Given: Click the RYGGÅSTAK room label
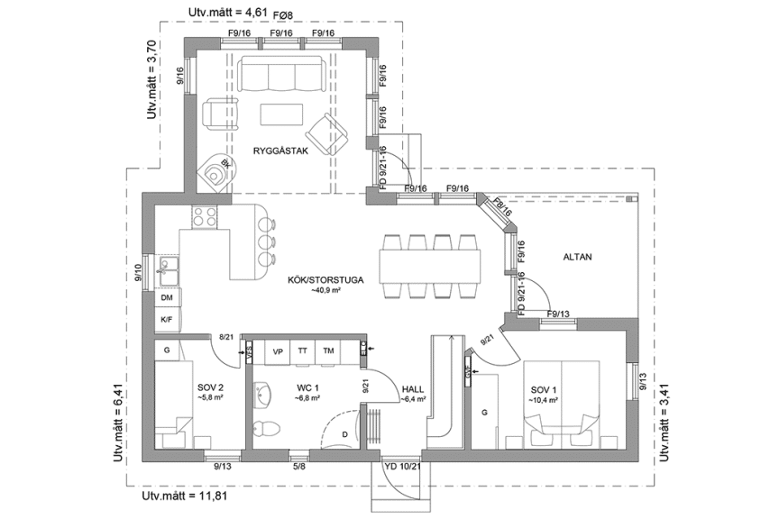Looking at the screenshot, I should (281, 151).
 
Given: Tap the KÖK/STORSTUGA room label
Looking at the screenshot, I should (325, 280).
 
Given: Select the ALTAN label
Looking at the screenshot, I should (577, 258).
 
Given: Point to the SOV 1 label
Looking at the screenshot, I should (545, 388).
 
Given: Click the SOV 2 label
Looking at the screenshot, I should (210, 388).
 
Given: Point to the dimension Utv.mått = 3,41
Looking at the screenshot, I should (666, 422).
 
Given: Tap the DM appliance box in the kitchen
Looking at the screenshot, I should (167, 297).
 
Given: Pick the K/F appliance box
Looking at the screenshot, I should (167, 319).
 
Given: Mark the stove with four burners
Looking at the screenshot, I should (205, 217).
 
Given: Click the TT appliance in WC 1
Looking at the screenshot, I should (303, 351).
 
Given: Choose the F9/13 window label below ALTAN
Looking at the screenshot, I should (559, 314).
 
